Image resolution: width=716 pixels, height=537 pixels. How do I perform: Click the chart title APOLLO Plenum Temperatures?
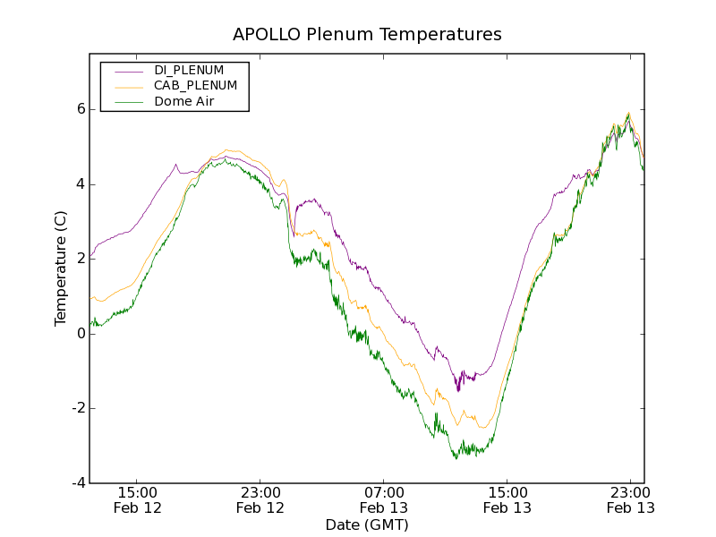click(367, 35)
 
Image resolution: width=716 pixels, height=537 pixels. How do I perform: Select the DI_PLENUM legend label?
click(189, 70)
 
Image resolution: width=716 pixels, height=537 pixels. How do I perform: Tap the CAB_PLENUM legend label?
click(195, 86)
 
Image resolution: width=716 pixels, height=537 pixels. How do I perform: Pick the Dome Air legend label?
click(184, 102)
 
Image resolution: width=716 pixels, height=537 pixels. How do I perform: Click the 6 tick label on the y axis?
click(80, 109)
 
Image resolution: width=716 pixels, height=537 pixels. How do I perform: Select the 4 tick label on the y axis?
click(80, 184)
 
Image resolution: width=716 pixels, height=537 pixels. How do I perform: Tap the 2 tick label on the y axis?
click(80, 259)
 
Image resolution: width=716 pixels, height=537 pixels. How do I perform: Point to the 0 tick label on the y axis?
click(80, 334)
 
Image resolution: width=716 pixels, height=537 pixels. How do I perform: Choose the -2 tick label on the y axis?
click(77, 408)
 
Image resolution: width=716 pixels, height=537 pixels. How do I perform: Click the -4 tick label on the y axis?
click(77, 483)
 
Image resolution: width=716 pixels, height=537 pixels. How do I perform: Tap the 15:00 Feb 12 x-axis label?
click(137, 499)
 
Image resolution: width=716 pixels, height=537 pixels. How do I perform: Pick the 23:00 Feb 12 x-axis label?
click(260, 499)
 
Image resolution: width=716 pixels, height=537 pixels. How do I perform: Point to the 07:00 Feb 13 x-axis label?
click(384, 499)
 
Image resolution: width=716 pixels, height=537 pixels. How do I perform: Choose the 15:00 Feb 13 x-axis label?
click(507, 499)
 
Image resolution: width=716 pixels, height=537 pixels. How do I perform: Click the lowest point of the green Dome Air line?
click(456, 458)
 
